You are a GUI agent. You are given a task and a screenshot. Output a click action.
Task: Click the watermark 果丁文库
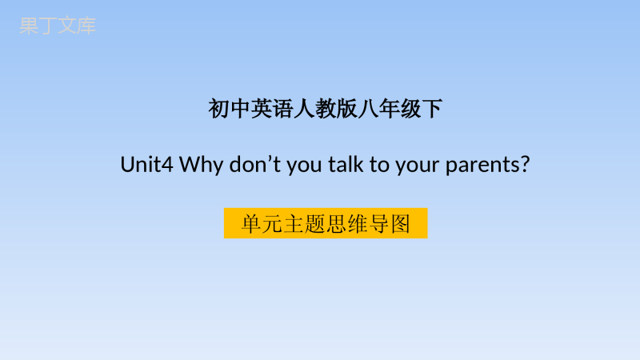coord(58,26)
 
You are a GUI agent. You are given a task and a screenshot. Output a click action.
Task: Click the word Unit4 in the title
coord(147,165)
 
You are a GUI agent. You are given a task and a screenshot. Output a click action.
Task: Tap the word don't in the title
coord(254,165)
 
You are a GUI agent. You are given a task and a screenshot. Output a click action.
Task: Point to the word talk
coord(346,165)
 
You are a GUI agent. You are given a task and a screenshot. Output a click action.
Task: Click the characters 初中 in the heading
coord(230,109)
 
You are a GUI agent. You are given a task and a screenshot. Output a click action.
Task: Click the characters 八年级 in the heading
coord(390,109)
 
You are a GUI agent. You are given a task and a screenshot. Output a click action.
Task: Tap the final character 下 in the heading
coord(432,109)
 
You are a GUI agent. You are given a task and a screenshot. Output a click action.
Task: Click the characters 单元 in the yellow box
coord(262,224)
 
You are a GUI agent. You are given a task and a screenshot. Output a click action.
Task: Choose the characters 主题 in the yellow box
coord(304,224)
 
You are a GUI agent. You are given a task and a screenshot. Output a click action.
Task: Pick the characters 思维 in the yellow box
coord(347,224)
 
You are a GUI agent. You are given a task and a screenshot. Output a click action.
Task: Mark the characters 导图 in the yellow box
coord(390,224)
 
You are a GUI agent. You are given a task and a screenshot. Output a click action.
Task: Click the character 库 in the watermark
coord(87,26)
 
